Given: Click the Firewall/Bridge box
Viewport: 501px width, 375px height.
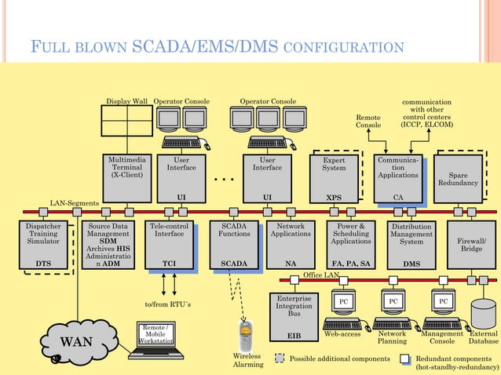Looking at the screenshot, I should pos(471,245).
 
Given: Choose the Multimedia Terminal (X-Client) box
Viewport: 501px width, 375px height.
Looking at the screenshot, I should pos(126,177).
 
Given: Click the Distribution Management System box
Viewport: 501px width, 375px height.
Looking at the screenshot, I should pos(411,245).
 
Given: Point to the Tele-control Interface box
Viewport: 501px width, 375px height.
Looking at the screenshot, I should pos(169,245).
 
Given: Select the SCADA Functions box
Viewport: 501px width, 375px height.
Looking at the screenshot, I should pos(233,245).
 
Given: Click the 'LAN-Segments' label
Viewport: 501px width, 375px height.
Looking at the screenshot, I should pos(75,203).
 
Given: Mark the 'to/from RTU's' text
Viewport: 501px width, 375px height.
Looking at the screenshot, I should pos(169,304).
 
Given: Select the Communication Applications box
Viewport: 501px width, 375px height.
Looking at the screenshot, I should pos(397,177).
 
